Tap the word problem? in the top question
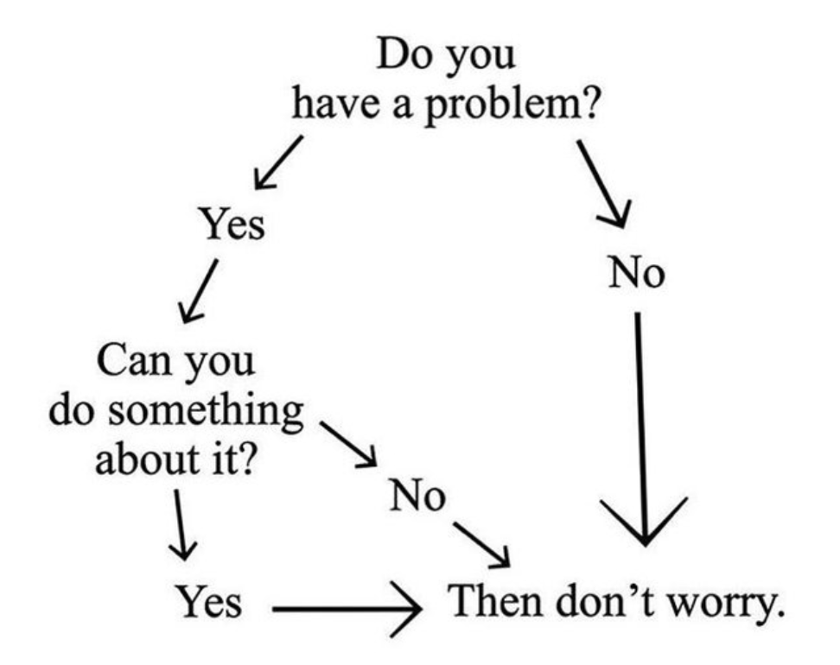512,105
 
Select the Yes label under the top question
232,224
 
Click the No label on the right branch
637,273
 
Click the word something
207,412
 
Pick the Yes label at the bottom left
209,601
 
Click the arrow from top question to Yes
278,162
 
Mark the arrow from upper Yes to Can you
199,291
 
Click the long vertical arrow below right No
642,428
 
